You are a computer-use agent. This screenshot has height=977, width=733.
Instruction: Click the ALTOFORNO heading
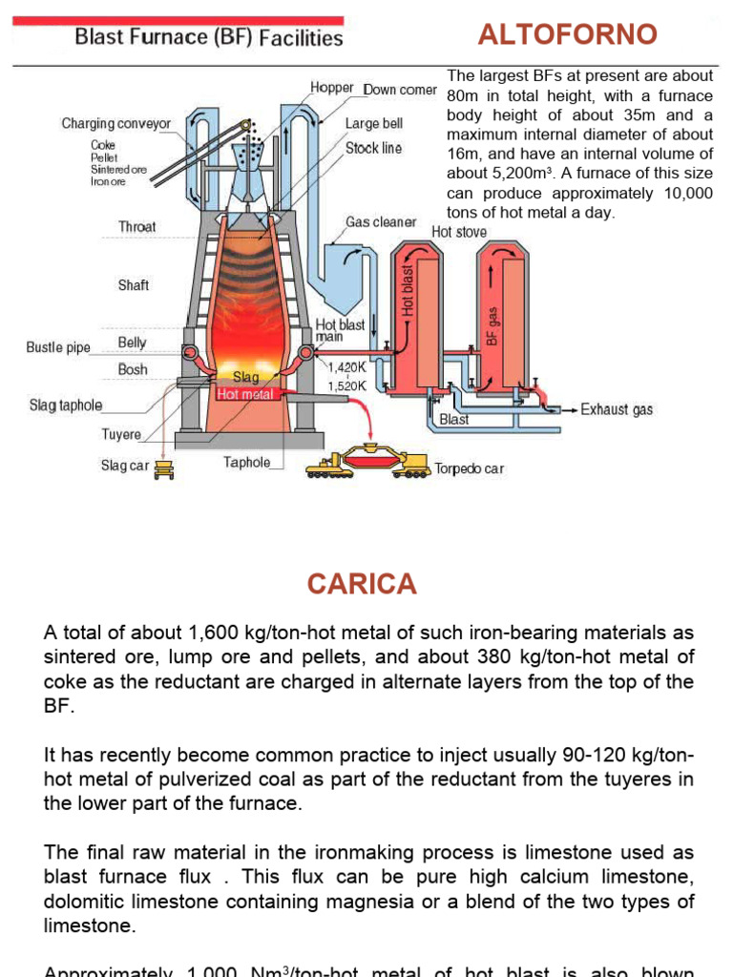pyautogui.click(x=567, y=35)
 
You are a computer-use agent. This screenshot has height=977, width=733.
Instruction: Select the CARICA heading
pyautogui.click(x=363, y=584)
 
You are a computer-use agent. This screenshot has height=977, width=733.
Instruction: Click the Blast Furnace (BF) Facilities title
pyautogui.click(x=208, y=38)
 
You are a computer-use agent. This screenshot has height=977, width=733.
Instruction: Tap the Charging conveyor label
pyautogui.click(x=116, y=124)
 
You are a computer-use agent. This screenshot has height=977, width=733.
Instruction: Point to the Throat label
pyautogui.click(x=137, y=227)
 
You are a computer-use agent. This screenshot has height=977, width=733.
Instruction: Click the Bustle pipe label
pyautogui.click(x=58, y=347)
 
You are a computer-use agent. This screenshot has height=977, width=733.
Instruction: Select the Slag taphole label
pyautogui.click(x=66, y=405)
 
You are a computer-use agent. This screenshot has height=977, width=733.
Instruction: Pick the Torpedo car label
pyautogui.click(x=470, y=468)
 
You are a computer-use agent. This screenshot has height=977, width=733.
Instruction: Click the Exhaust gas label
pyautogui.click(x=617, y=409)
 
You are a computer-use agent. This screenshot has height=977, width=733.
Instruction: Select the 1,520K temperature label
pyautogui.click(x=346, y=385)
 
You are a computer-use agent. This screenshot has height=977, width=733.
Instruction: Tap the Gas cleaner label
pyautogui.click(x=381, y=222)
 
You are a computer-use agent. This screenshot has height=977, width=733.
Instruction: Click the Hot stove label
pyautogui.click(x=459, y=232)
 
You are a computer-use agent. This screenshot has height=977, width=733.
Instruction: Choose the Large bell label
pyautogui.click(x=374, y=124)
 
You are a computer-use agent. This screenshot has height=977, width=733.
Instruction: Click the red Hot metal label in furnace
pyautogui.click(x=244, y=393)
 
